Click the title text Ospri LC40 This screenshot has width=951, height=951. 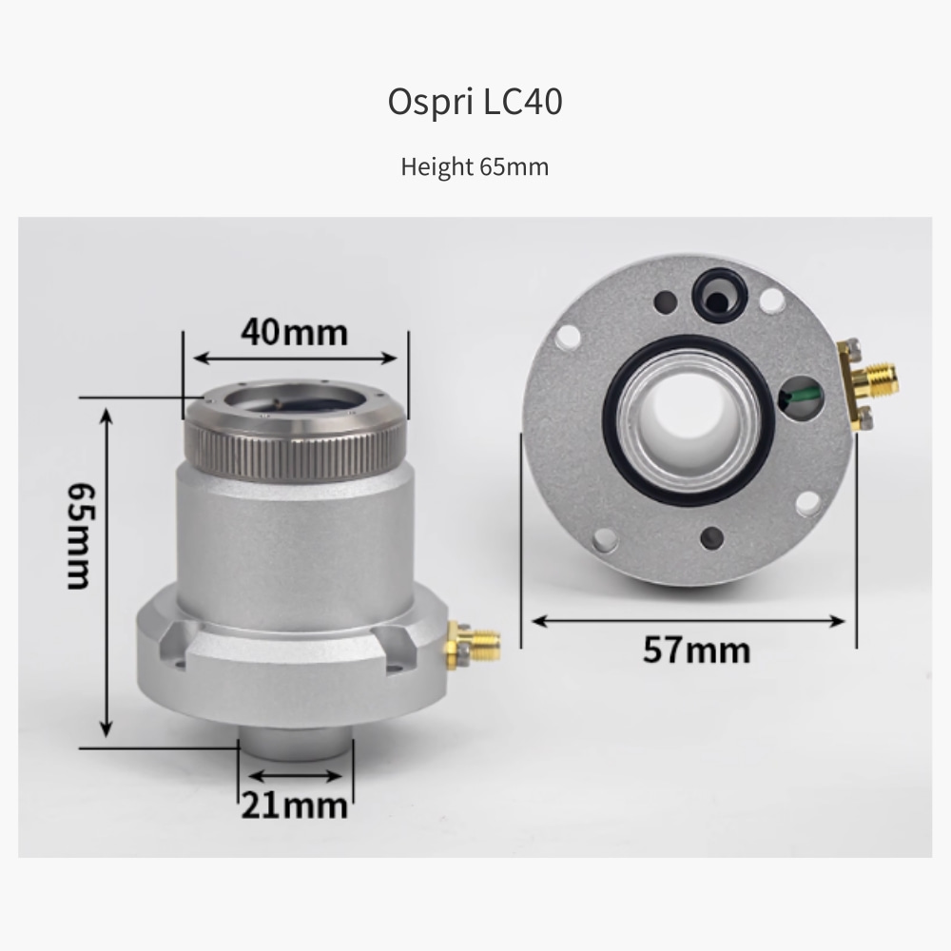point(475,102)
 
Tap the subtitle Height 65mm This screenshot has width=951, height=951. point(475,166)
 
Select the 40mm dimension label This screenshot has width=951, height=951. point(295,332)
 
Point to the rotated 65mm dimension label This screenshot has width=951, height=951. point(80,535)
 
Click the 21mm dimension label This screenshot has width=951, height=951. point(295,805)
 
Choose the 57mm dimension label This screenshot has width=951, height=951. point(696,650)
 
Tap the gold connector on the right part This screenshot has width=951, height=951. point(866,383)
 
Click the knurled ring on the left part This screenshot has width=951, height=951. point(295,449)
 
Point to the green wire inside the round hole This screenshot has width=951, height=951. point(801,396)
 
